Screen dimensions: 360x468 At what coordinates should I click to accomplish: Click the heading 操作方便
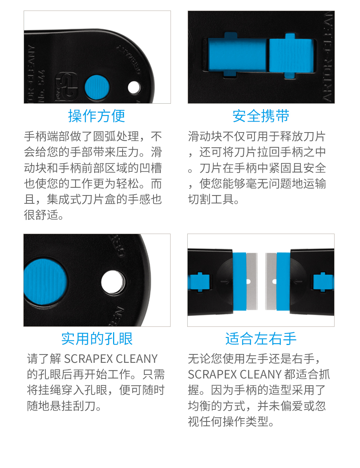[97, 116]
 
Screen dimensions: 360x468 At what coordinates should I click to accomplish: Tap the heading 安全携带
[261, 116]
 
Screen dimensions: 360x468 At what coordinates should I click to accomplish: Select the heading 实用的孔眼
[97, 339]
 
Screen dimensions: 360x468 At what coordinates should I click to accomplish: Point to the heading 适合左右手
[261, 339]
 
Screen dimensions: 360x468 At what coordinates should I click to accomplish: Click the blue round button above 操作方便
[97, 87]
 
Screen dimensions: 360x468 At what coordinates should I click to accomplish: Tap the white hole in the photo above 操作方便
[134, 87]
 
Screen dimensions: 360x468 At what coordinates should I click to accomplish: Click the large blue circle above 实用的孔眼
[45, 281]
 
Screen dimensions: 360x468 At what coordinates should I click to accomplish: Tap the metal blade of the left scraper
[252, 281]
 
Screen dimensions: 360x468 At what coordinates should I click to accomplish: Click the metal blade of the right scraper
[271, 281]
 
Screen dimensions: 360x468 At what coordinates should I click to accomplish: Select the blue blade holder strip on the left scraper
[240, 281]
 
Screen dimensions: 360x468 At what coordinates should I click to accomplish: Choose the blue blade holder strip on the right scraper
[283, 281]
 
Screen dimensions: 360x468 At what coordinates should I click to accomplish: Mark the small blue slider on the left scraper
[199, 282]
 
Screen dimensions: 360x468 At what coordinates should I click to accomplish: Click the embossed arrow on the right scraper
[298, 281]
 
